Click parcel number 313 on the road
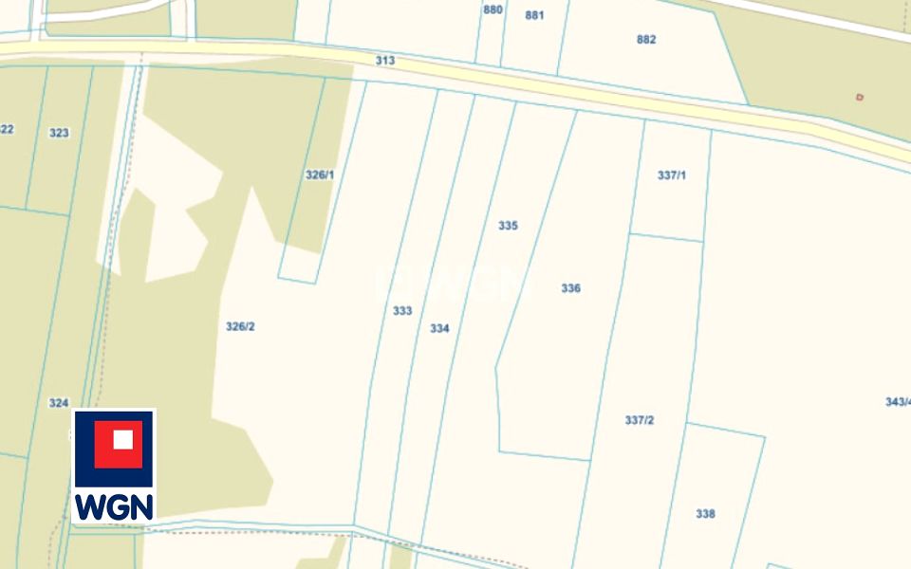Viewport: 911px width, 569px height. tap(384, 61)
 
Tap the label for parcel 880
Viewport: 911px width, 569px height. tap(493, 9)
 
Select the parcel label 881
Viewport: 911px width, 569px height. tap(534, 15)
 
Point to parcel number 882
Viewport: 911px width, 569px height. tap(646, 40)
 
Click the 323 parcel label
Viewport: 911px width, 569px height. tap(59, 133)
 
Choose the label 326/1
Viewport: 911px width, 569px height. tap(320, 174)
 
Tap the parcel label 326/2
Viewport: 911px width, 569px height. tap(240, 326)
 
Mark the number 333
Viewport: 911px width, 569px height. tap(402, 310)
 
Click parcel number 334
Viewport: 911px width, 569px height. tap(439, 328)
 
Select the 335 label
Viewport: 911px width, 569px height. tap(508, 226)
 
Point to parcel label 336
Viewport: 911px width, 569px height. tap(570, 288)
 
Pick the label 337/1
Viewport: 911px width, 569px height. tap(671, 175)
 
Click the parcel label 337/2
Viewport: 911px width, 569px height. tap(640, 420)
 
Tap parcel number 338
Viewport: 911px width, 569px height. tap(705, 514)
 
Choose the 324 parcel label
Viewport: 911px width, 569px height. tap(59, 403)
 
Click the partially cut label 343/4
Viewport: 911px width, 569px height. tap(898, 402)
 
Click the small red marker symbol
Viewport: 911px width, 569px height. tap(860, 97)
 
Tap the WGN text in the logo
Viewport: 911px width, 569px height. tap(114, 506)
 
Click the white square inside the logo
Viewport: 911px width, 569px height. tap(122, 440)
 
